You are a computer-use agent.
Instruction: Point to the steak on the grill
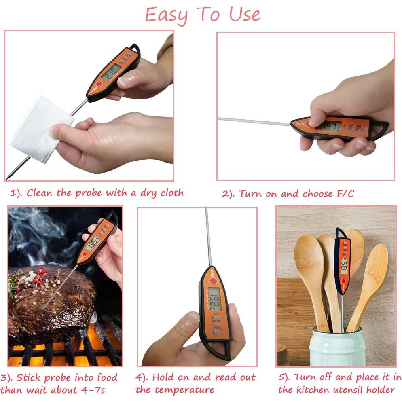click(x=49, y=299)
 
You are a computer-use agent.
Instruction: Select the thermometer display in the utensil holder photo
click(x=344, y=264)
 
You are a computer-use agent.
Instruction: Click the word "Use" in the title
click(x=245, y=15)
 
